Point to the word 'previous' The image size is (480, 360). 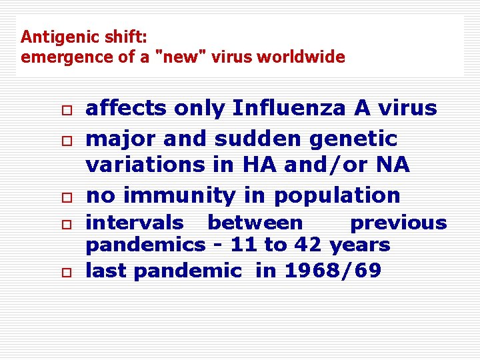(x=398, y=222)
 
